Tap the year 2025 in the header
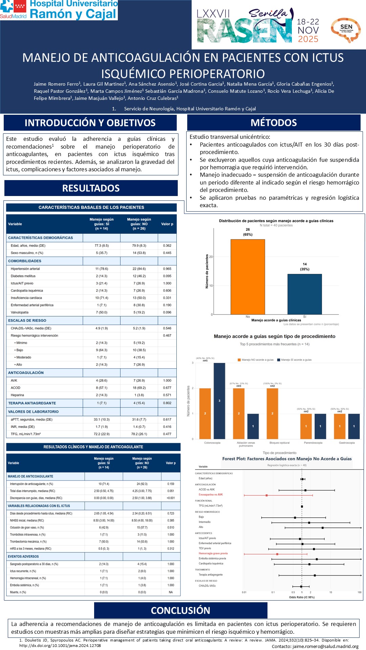point(308,39)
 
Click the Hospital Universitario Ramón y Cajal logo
point(59,10)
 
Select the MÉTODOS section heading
point(274,123)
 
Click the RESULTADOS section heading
point(91,188)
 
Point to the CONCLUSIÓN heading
point(180,610)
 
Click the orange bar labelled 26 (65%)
point(247,277)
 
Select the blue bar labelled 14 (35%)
point(304,294)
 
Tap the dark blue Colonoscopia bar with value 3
point(219,401)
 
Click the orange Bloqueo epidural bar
point(272,413)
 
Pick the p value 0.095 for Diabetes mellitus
point(167,276)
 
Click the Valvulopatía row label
point(20,312)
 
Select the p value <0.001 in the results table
point(171,498)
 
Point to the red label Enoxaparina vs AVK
point(211,495)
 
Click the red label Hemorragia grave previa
point(213,554)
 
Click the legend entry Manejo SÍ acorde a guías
point(296,360)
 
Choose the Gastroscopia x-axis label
point(347,443)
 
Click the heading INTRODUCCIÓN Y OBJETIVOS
point(90,123)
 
